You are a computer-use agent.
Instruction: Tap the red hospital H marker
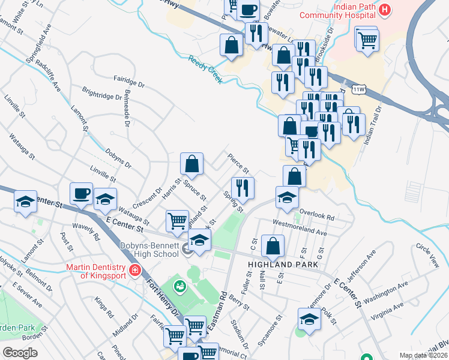click(x=385, y=10)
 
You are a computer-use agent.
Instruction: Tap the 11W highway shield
click(x=360, y=89)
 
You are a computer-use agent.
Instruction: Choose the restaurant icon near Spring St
click(x=243, y=188)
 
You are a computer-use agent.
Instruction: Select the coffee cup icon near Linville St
click(x=81, y=193)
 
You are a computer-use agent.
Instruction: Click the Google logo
click(x=20, y=353)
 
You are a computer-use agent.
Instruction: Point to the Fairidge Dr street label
click(x=130, y=82)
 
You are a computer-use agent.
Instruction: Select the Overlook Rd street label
click(x=316, y=214)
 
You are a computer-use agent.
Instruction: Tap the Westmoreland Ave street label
click(x=300, y=229)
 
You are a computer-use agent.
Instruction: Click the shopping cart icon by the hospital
click(x=367, y=39)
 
